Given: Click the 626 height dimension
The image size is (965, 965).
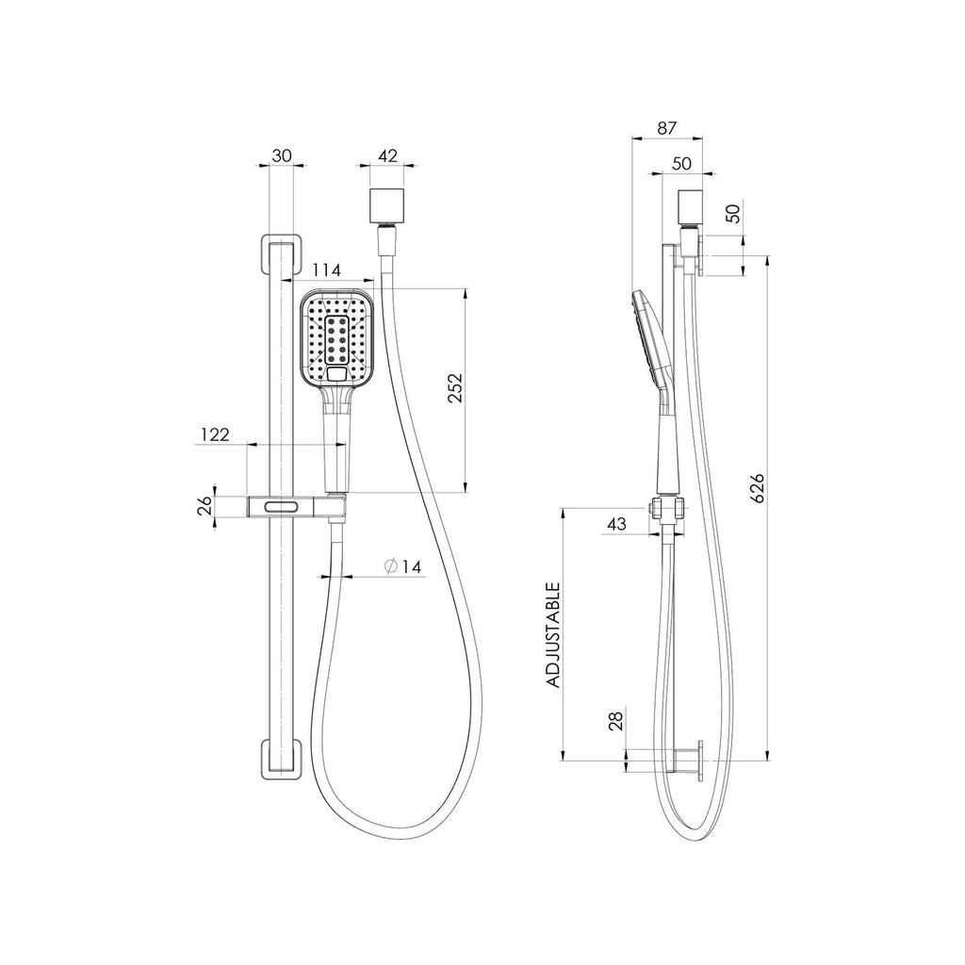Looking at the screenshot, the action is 757,487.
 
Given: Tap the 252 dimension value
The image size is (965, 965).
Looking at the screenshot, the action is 455,387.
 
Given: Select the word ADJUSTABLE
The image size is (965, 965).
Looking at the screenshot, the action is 553,635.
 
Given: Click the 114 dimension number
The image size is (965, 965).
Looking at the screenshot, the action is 326,270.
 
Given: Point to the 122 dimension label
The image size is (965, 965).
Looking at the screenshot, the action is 215,434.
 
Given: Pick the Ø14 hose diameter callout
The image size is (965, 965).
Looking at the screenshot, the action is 403,566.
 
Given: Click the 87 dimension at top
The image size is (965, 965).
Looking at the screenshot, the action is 666,128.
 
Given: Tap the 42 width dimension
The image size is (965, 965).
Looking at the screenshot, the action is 387,155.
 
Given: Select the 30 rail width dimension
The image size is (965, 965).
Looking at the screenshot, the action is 281,155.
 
